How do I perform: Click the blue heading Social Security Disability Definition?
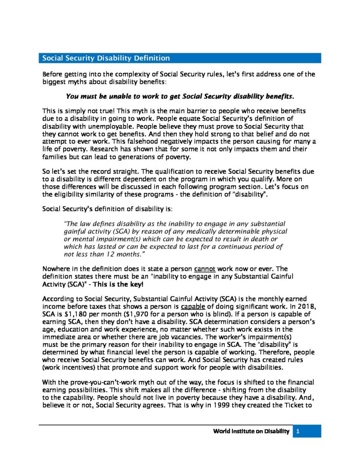(106, 58)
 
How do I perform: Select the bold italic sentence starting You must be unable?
(180, 96)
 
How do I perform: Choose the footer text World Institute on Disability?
(251, 431)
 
